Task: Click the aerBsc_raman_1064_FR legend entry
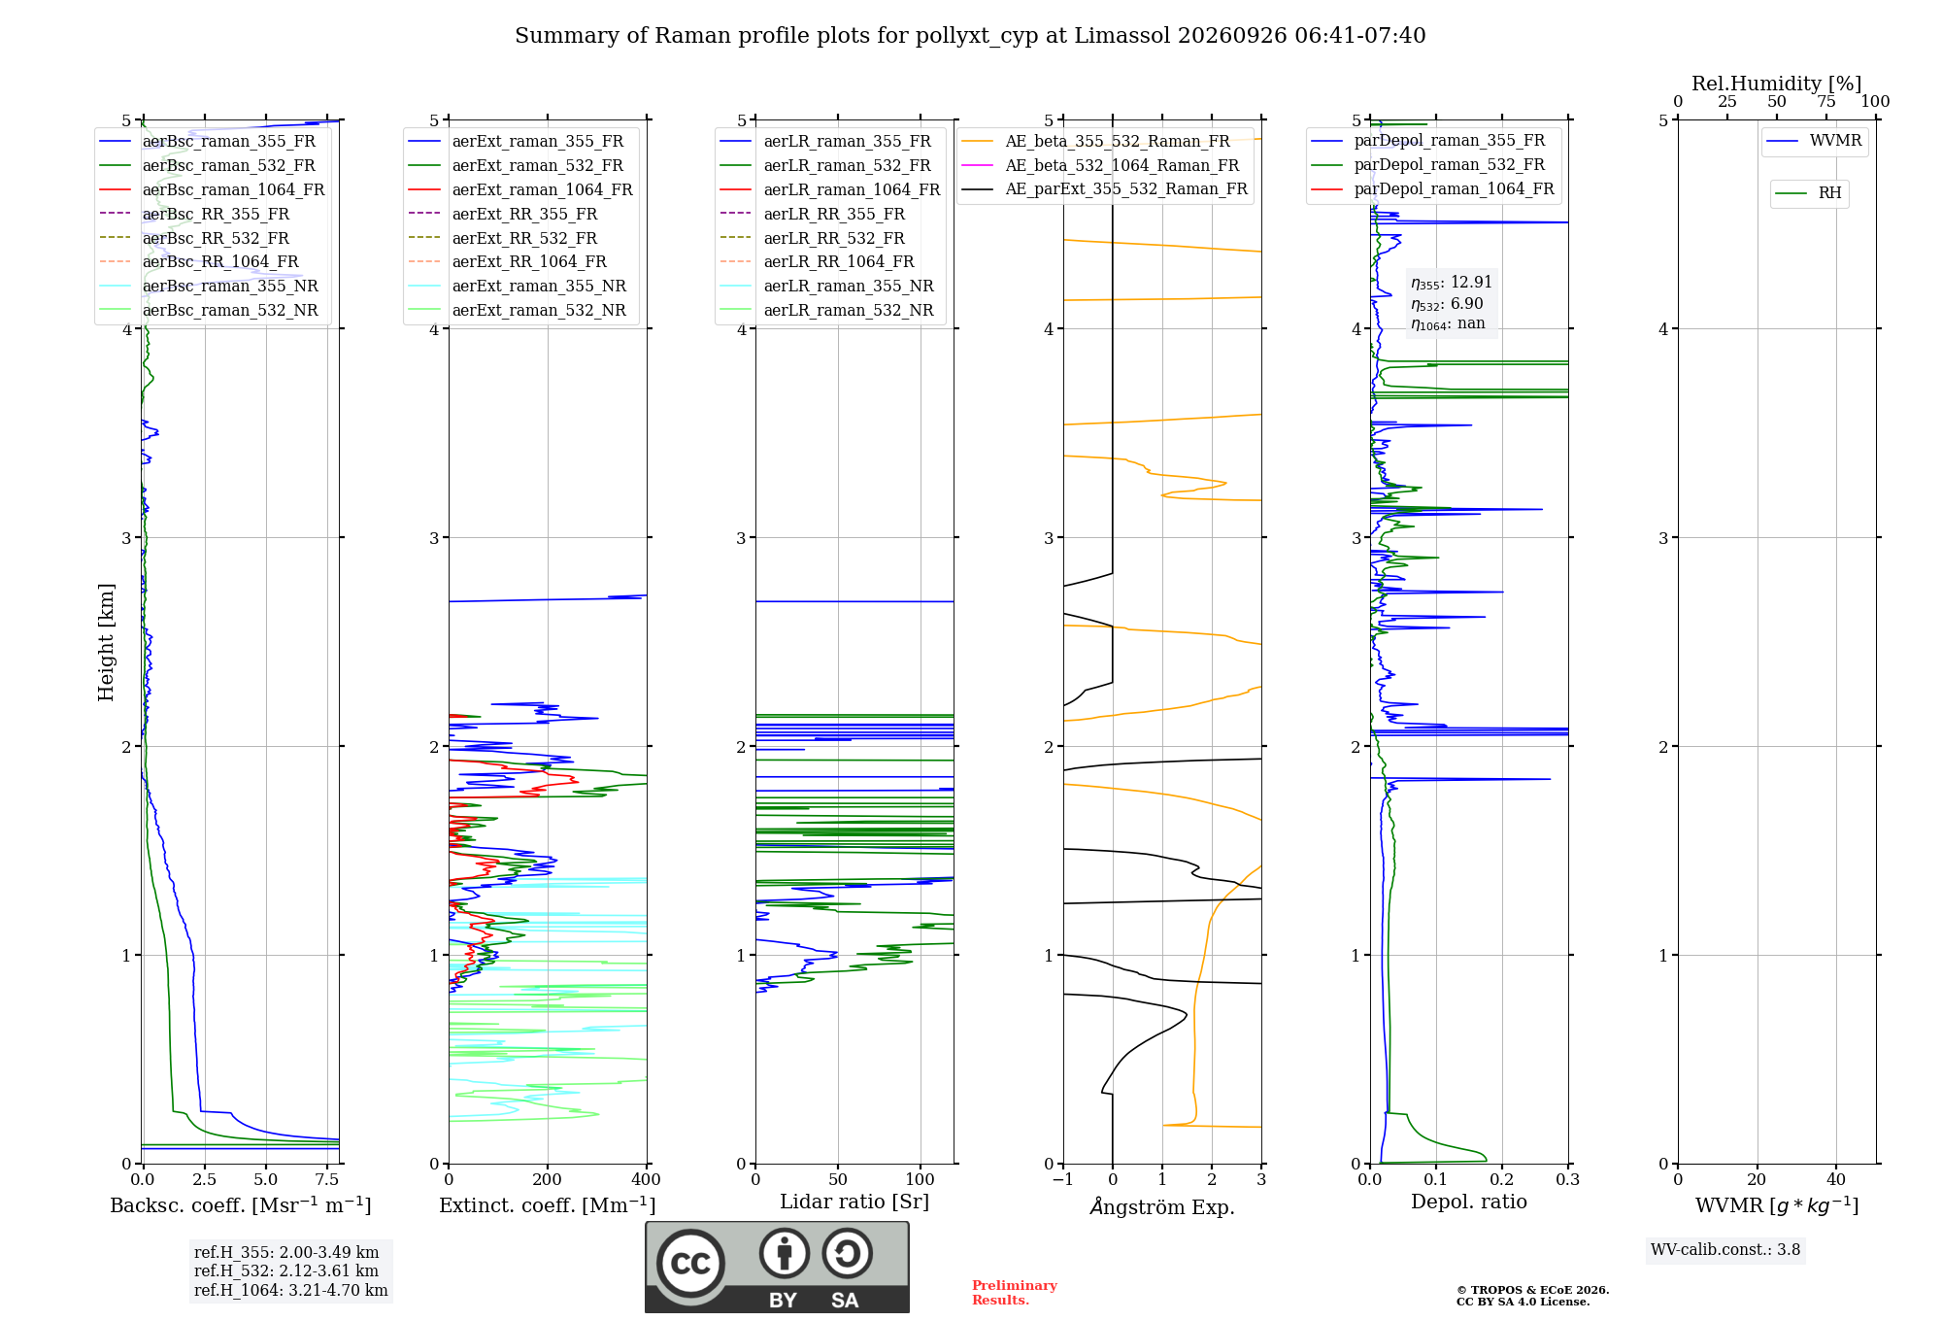212,189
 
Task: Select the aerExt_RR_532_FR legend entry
503,238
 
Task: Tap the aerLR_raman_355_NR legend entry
826,286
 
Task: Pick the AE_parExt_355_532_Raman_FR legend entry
1105,188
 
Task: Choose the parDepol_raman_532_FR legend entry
1428,165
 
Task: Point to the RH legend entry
1808,193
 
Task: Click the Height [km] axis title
106,642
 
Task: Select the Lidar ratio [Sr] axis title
854,1202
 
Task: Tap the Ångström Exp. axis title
1162,1205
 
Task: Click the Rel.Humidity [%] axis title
1777,84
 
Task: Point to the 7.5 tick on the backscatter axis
327,1180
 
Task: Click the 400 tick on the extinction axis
646,1180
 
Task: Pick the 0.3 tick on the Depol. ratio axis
1568,1180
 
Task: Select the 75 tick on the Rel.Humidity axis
1826,102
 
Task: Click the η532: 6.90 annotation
1447,304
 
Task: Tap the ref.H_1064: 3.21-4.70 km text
291,1290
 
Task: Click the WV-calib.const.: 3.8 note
1725,1249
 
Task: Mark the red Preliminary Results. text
1015,1293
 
